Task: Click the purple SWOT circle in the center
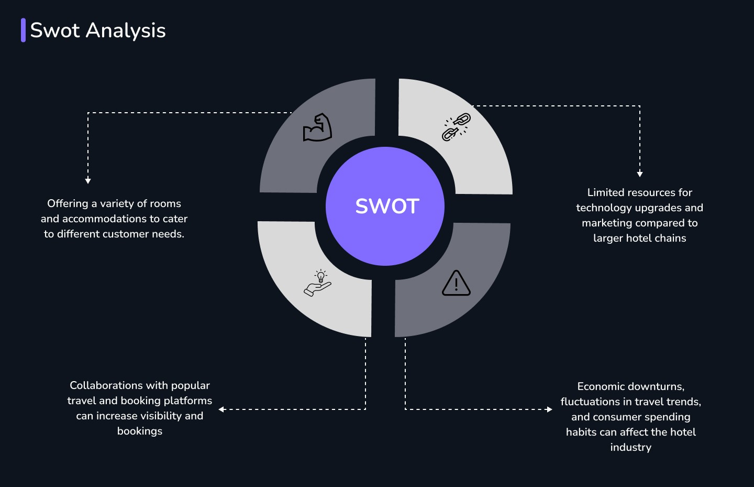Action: click(x=385, y=206)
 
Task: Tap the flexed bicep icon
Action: click(x=317, y=128)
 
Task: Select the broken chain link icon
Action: click(x=456, y=127)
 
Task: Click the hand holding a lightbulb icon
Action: click(x=318, y=283)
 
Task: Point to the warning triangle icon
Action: click(x=456, y=284)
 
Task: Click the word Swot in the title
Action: click(x=55, y=30)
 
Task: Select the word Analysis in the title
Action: click(x=126, y=30)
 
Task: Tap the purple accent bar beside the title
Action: click(x=23, y=30)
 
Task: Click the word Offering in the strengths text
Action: click(x=68, y=203)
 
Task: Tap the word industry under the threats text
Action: click(x=630, y=447)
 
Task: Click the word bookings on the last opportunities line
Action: click(x=140, y=431)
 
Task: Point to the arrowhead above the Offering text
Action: click(x=88, y=180)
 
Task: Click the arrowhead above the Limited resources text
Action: click(x=640, y=174)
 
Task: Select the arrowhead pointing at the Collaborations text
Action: click(x=222, y=409)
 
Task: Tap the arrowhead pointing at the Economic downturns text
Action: click(x=549, y=409)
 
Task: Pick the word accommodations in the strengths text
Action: click(x=104, y=219)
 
